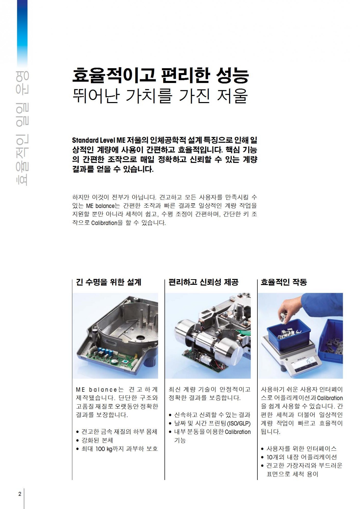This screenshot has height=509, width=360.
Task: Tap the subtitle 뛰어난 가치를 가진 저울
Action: coord(160,96)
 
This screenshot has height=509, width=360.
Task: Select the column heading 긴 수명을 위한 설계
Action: coord(109,282)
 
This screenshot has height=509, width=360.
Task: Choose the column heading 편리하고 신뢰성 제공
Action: coord(203,282)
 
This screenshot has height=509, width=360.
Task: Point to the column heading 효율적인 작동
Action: coord(284,282)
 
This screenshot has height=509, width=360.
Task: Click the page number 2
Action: coord(20,494)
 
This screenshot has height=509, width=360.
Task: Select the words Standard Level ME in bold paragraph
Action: coord(98,141)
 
